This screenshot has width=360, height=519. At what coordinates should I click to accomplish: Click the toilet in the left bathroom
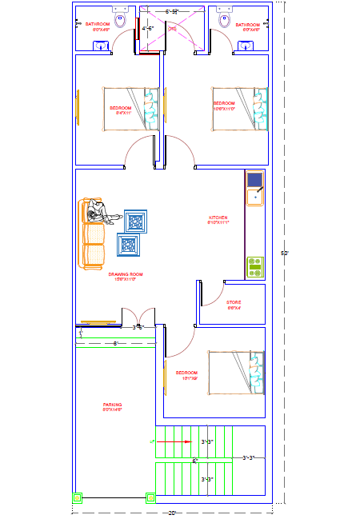(120, 19)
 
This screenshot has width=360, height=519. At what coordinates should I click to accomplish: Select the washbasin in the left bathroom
(100, 46)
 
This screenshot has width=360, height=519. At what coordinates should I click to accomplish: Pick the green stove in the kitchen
(255, 266)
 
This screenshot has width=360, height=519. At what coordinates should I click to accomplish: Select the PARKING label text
(112, 405)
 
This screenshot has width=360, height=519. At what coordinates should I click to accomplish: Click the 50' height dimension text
(283, 253)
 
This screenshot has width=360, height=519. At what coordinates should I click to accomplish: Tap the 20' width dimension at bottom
(172, 513)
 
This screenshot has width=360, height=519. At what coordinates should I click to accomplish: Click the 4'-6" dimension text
(149, 29)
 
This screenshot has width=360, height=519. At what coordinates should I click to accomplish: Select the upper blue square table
(135, 221)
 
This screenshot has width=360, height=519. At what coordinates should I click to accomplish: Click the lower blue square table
(130, 245)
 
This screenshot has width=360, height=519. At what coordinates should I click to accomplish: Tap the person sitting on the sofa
(100, 214)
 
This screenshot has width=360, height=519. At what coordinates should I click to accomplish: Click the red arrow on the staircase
(176, 441)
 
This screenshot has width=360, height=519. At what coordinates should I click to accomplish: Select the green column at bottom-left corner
(77, 497)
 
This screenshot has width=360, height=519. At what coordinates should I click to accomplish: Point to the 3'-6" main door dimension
(138, 326)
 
